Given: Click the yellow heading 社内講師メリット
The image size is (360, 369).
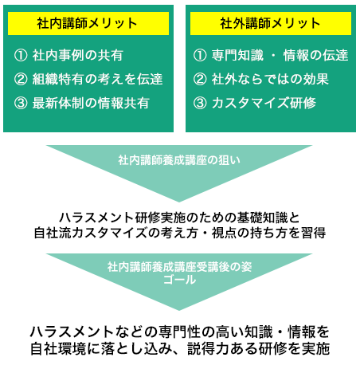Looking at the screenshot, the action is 87,23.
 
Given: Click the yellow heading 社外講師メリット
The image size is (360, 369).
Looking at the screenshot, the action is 270,23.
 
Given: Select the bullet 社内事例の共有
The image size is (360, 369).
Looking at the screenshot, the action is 77,55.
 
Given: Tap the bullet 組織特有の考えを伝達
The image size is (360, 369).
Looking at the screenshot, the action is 97,79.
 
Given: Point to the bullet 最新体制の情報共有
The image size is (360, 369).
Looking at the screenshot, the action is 91,103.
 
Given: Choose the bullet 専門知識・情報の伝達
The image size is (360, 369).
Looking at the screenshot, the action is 280,55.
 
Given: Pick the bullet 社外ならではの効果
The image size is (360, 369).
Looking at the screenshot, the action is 270,79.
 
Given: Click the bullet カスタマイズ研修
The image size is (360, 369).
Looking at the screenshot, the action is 264,103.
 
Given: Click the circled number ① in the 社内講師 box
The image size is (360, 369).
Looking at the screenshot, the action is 21,55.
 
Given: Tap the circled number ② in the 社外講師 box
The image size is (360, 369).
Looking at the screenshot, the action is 200,79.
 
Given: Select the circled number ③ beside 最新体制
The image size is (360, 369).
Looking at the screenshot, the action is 21,103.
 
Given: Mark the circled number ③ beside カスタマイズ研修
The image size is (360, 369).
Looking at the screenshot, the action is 200,103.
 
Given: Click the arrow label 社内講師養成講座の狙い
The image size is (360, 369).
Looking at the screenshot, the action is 179,160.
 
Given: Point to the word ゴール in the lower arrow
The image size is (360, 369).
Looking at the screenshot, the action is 179,280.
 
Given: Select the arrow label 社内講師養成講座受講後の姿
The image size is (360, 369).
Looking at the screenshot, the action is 179,267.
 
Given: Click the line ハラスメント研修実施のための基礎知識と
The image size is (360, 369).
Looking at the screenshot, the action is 179,218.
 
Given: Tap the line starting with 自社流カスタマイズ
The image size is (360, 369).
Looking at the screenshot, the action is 180,233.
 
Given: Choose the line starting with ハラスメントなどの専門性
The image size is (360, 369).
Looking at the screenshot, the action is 180,332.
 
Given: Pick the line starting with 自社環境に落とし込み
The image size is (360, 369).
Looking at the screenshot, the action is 180,348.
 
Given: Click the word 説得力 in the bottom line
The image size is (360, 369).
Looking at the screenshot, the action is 209,348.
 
